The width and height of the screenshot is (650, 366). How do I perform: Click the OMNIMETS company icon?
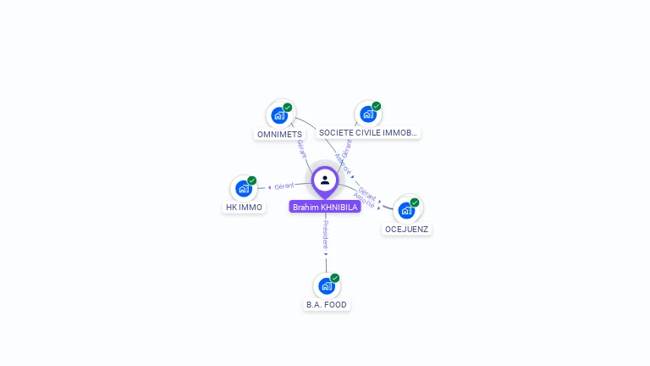[x=279, y=115]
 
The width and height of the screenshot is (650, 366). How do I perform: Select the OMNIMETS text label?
[x=279, y=134]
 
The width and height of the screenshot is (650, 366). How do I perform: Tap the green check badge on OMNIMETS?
[x=288, y=108]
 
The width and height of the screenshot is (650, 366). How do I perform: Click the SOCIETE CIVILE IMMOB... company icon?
[x=367, y=114]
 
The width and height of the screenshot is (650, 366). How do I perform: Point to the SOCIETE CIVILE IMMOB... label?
[x=367, y=133]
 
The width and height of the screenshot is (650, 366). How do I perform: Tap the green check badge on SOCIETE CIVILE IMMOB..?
[x=376, y=107]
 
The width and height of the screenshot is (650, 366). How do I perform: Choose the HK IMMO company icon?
[x=244, y=188]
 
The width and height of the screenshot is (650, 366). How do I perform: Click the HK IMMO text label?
[x=244, y=208]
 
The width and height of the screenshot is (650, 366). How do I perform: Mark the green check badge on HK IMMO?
[x=252, y=180]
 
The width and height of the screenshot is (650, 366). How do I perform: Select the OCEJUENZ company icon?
[x=407, y=210]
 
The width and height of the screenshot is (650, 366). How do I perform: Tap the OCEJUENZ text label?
[x=407, y=229]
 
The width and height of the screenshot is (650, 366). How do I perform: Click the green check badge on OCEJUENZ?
[x=415, y=202]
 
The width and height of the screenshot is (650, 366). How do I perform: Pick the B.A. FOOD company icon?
[x=327, y=286]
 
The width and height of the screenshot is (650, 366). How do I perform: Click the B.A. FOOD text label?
[x=327, y=305]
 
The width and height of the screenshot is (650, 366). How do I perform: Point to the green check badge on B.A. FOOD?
[x=335, y=278]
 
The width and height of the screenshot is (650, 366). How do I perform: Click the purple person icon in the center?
[x=325, y=180]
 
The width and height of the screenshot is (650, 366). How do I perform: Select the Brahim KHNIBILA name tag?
[x=325, y=207]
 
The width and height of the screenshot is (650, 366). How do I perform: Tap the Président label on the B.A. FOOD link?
[x=326, y=234]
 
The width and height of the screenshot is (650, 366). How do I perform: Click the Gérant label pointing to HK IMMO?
[x=284, y=186]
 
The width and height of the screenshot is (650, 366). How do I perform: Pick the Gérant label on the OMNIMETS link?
[x=302, y=149]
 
